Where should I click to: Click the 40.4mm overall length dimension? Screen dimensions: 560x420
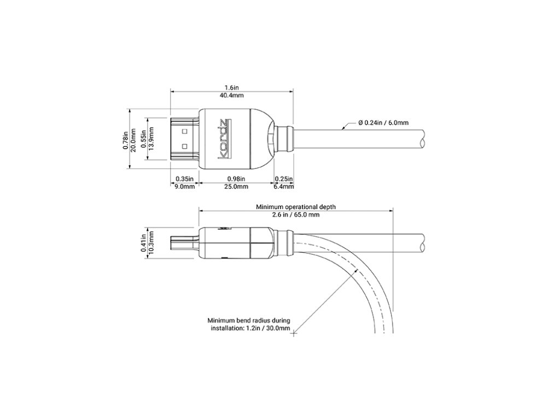pyautogui.click(x=231, y=95)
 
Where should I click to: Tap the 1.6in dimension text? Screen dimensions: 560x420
pyautogui.click(x=231, y=87)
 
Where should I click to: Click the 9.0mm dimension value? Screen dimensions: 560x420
pyautogui.click(x=184, y=186)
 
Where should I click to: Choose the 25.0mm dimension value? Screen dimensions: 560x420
pyautogui.click(x=236, y=186)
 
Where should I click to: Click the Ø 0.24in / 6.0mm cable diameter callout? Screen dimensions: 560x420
pyautogui.click(x=383, y=122)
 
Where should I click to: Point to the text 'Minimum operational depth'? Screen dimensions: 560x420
pyautogui.click(x=296, y=207)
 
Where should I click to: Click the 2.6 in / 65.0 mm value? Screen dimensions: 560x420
pyautogui.click(x=296, y=215)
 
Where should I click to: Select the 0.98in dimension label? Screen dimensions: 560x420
pyautogui.click(x=236, y=179)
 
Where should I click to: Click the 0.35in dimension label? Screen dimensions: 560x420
pyautogui.click(x=184, y=179)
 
